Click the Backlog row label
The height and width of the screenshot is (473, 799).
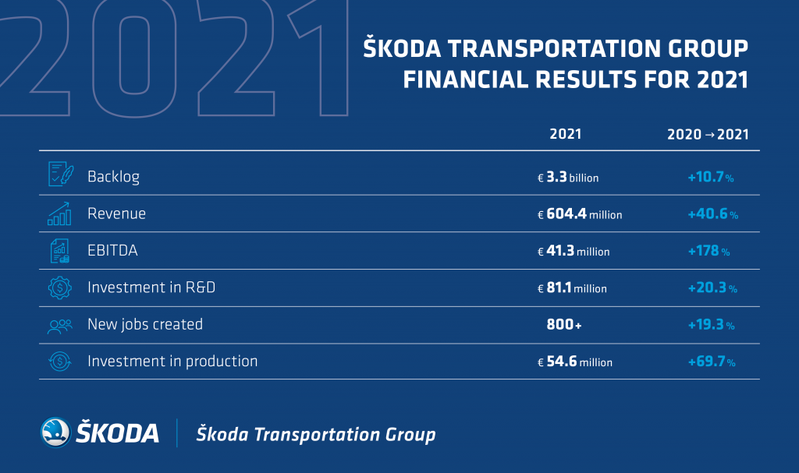click(x=113, y=177)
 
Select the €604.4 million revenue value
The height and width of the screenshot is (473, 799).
click(x=580, y=214)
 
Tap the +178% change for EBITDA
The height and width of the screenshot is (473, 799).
click(x=708, y=251)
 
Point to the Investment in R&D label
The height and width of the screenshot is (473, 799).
click(x=151, y=288)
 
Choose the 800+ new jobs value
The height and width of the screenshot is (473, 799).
click(x=563, y=324)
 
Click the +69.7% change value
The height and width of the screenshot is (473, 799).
click(x=712, y=362)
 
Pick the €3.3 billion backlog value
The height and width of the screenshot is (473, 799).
click(x=568, y=177)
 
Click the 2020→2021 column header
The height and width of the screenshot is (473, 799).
click(x=708, y=134)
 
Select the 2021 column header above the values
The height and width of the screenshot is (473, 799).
click(x=565, y=134)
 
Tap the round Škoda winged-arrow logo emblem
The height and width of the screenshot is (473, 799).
click(x=55, y=432)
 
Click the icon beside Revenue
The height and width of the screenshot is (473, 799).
click(x=59, y=214)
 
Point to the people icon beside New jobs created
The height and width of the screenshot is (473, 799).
click(x=59, y=326)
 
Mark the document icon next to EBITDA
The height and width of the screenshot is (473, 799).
click(x=59, y=251)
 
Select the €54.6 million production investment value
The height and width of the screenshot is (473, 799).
click(x=575, y=362)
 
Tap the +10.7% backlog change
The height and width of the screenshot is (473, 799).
click(x=711, y=177)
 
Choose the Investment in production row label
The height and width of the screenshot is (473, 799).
click(x=172, y=362)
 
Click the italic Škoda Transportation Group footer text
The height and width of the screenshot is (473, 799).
click(x=316, y=434)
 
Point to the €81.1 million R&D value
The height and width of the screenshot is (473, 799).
click(x=572, y=288)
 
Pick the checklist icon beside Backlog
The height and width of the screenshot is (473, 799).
click(x=61, y=174)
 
